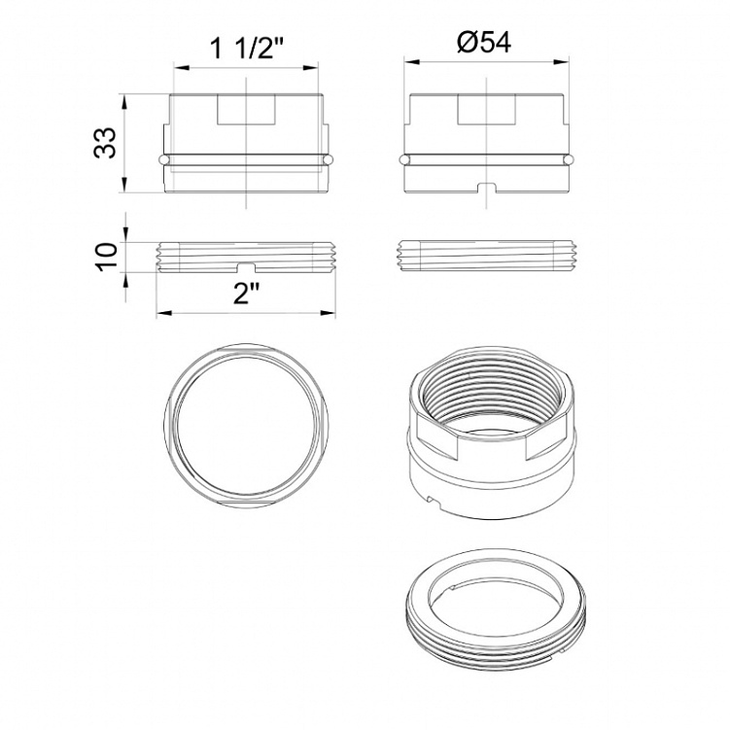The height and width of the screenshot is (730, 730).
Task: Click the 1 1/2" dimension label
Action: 246,48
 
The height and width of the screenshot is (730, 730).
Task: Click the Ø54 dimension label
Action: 484,43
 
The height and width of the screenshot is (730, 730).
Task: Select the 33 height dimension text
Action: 105,143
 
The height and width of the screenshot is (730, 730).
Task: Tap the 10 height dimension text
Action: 106,257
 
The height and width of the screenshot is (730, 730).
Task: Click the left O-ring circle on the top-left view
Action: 162,159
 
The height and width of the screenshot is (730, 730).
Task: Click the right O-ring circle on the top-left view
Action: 329,159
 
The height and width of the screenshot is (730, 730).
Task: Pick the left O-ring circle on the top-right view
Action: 404,159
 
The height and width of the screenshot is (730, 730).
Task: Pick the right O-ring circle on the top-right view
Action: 569,159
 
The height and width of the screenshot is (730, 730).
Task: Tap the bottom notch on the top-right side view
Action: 487,188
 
